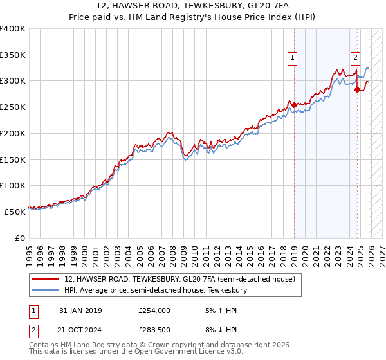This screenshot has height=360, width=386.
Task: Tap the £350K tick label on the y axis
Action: click(13, 55)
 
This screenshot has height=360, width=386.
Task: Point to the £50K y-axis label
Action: click(15, 211)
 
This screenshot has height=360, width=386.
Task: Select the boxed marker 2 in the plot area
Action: click(355, 57)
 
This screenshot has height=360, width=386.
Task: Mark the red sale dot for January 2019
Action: click(294, 105)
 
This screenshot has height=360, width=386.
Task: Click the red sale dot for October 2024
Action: click(357, 89)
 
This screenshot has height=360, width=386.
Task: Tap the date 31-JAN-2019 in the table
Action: click(80, 310)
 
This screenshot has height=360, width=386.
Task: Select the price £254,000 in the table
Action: click(154, 310)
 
